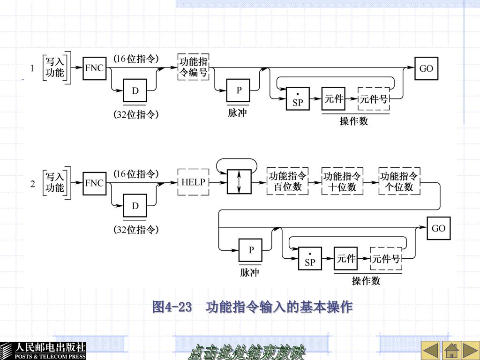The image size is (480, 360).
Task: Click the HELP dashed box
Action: point(193,182)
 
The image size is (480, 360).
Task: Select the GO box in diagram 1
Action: point(426,68)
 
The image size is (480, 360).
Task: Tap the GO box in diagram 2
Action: point(438,228)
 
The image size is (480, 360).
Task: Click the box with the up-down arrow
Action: point(239,182)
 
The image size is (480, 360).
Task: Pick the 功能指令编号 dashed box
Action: point(193,67)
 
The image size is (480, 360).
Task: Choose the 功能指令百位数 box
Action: point(287,181)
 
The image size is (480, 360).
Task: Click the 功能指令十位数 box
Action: point(342,181)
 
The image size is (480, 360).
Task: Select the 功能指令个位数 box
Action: point(399,181)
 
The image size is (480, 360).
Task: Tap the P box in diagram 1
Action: point(238,90)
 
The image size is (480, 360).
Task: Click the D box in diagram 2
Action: point(135,206)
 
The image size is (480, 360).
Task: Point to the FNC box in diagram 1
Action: point(95,68)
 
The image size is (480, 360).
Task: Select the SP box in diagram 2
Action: point(310,259)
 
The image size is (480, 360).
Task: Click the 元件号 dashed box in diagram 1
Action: point(374,98)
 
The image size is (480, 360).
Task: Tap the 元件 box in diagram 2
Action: point(345,259)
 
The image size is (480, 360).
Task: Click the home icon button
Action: point(451,351)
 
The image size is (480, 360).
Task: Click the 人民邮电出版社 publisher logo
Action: point(43,351)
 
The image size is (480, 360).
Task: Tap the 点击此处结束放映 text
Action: point(247,352)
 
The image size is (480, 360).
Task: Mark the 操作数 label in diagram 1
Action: point(353,121)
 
